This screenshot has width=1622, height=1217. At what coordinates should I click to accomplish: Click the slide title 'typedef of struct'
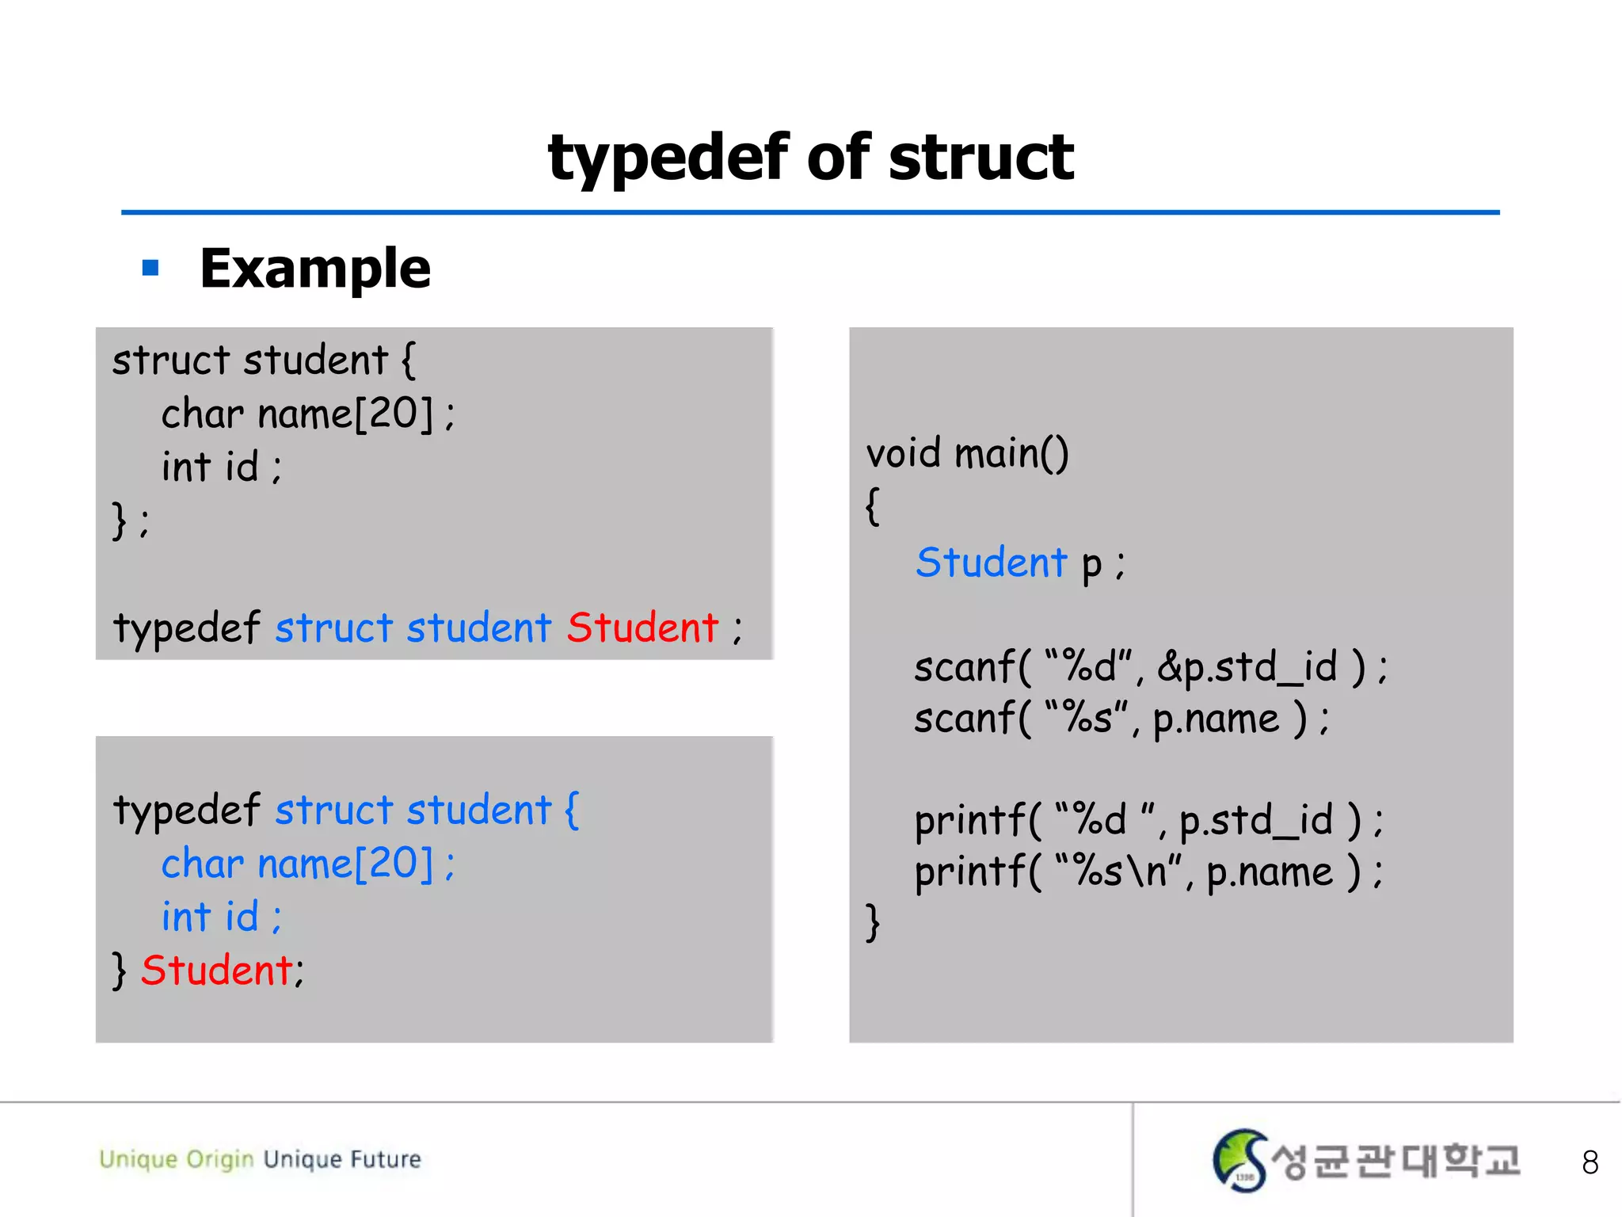click(810, 158)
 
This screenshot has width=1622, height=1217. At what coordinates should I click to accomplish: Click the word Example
click(315, 269)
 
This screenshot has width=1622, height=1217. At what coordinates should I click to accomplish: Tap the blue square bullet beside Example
click(150, 268)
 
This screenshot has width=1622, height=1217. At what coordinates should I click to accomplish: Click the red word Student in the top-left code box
click(642, 628)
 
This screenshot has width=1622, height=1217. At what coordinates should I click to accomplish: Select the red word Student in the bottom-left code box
click(217, 970)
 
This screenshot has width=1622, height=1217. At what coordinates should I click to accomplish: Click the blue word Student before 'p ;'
click(992, 563)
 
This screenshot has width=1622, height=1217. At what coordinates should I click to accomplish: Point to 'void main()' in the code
click(967, 453)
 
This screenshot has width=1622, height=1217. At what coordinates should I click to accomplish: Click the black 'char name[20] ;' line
click(307, 414)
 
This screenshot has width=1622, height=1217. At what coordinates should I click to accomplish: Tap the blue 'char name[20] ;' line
click(307, 864)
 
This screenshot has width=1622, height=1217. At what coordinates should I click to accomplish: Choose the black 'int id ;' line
click(221, 467)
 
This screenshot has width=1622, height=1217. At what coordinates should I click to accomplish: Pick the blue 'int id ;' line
click(221, 917)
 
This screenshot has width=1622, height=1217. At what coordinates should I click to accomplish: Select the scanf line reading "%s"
click(1121, 719)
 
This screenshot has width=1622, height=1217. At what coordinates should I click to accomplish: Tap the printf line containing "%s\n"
click(1148, 872)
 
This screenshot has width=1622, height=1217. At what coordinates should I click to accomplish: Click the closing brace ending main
click(873, 922)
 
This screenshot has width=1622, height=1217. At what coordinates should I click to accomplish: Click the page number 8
click(1590, 1162)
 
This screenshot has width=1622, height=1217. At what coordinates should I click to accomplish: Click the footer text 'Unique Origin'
click(176, 1159)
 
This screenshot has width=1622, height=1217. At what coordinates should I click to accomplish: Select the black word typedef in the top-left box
click(186, 628)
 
